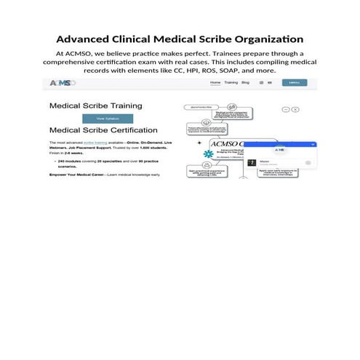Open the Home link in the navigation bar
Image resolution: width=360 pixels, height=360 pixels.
(215, 83)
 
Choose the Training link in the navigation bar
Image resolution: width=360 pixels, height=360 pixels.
(231, 83)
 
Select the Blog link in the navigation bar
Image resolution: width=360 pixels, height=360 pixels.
(245, 83)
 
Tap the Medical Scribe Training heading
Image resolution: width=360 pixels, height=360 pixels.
(95, 105)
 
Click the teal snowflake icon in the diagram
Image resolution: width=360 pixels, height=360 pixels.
(209, 154)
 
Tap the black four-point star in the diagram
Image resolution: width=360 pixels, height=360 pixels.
(199, 143)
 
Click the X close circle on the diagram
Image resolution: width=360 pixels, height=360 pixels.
(296, 109)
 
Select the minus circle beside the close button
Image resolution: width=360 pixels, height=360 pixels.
(286, 109)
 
